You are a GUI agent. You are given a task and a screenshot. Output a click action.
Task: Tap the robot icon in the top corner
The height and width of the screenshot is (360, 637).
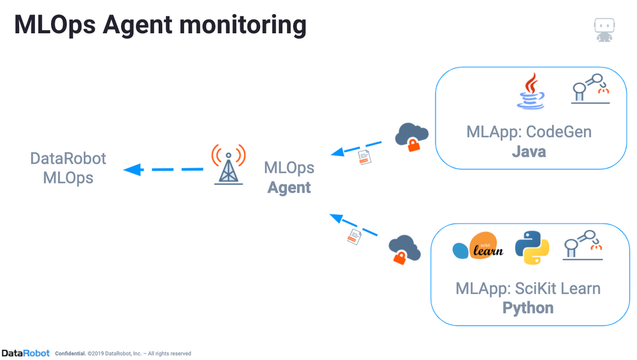[x=604, y=29]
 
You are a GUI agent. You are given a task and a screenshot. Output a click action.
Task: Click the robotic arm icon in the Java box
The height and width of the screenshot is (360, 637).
[x=590, y=89]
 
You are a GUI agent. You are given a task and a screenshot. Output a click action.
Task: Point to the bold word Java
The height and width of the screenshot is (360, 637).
[x=529, y=152]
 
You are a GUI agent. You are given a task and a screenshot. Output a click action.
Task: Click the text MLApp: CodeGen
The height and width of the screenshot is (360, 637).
[x=529, y=132]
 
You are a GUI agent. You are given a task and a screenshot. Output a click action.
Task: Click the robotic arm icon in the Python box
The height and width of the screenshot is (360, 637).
[x=582, y=245]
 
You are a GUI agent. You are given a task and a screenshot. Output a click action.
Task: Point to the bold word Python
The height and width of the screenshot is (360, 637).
[x=528, y=308]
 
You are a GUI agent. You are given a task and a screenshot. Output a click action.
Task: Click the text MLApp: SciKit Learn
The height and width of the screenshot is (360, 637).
[x=528, y=288]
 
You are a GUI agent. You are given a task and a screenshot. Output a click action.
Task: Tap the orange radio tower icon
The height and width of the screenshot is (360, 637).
[x=228, y=164]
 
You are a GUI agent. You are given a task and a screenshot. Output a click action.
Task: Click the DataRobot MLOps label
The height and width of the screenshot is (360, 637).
[x=68, y=168]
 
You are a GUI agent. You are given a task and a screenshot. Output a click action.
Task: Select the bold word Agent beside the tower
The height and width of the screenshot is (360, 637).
[x=289, y=187]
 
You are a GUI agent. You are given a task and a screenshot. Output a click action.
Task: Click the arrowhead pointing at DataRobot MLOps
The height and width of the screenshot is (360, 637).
[x=131, y=169]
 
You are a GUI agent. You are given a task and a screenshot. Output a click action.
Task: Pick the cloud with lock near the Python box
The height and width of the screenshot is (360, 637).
[x=404, y=248]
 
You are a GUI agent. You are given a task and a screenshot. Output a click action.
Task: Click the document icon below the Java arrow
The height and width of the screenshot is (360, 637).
[x=365, y=156]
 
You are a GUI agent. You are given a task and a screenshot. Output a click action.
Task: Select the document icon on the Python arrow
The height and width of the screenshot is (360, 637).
[x=354, y=236]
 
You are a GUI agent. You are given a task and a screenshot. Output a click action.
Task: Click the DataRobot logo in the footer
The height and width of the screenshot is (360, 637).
[x=26, y=353]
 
